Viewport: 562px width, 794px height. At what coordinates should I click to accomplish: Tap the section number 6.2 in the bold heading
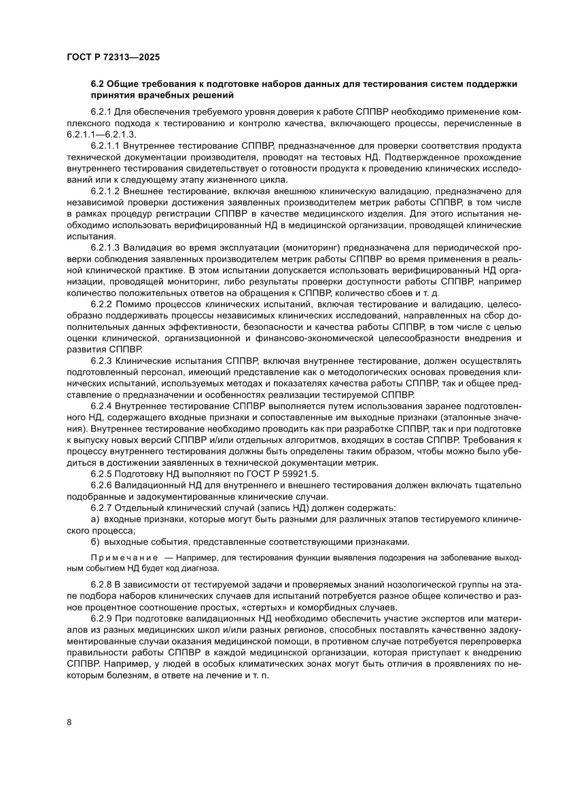[x=97, y=84]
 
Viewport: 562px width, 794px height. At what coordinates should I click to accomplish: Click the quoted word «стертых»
[x=276, y=607]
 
